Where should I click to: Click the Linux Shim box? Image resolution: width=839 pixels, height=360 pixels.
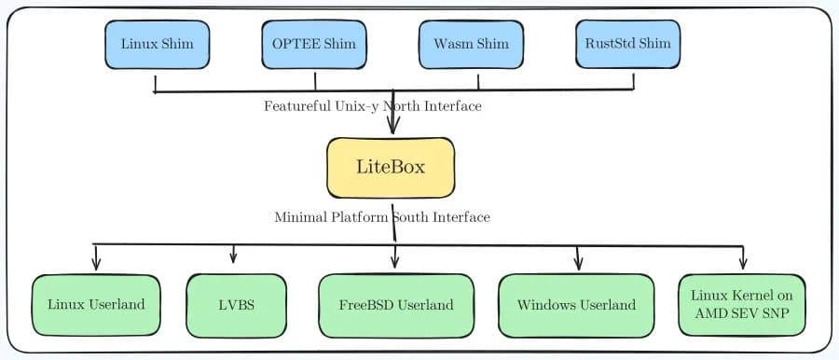(158, 44)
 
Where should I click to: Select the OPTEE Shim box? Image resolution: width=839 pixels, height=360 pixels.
(314, 44)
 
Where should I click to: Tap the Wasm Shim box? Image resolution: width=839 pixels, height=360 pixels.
(472, 44)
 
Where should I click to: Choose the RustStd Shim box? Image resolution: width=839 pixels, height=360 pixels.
(627, 44)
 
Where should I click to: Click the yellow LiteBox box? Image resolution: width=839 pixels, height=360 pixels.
(391, 168)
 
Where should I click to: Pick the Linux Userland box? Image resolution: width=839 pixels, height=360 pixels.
(96, 305)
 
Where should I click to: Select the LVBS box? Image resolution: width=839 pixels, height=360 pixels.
(233, 305)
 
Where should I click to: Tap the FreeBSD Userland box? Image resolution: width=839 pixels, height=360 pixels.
(395, 305)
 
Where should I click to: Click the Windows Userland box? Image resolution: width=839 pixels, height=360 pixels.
(576, 305)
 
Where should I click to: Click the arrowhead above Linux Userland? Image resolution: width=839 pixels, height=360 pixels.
(96, 264)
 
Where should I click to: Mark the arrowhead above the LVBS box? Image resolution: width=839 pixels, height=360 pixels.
(233, 257)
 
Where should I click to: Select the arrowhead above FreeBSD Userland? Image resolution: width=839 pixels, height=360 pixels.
(395, 261)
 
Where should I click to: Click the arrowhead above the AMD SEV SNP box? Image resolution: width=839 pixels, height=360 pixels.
(743, 262)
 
